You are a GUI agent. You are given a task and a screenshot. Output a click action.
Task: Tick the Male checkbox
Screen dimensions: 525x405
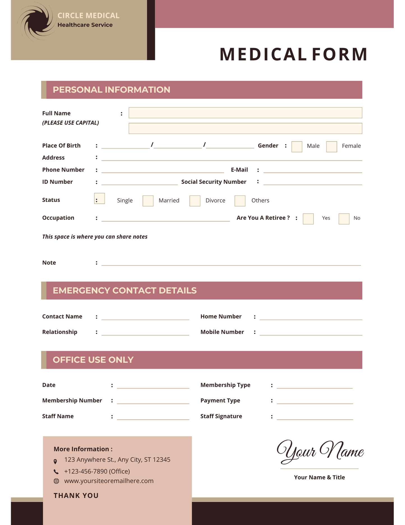click(x=297, y=146)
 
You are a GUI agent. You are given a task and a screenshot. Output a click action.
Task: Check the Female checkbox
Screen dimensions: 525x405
click(x=331, y=146)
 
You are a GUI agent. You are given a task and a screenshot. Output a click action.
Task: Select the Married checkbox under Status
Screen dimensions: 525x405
click(x=148, y=201)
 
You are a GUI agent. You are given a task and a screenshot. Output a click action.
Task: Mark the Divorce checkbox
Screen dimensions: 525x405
click(x=195, y=201)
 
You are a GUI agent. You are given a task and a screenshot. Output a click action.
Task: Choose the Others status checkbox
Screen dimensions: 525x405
click(x=240, y=201)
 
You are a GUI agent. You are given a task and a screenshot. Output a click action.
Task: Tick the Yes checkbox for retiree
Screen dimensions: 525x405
click(x=308, y=219)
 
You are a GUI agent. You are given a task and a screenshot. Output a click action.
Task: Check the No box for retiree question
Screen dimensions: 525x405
click(x=344, y=219)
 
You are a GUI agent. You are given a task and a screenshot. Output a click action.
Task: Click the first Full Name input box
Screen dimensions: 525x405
click(x=245, y=113)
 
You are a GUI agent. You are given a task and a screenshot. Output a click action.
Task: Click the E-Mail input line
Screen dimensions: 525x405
click(x=313, y=170)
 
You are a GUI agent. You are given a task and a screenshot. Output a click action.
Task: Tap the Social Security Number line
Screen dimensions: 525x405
click(x=313, y=182)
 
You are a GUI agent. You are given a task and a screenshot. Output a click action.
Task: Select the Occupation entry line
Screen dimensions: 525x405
click(x=165, y=219)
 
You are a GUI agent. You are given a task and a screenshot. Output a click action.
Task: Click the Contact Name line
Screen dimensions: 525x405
click(x=145, y=317)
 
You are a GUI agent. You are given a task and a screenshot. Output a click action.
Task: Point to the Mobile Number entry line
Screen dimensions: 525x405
click(x=311, y=333)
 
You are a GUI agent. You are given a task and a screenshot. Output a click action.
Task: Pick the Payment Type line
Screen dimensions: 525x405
click(x=314, y=401)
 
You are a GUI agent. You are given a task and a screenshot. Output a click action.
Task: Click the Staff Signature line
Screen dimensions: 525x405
click(x=314, y=417)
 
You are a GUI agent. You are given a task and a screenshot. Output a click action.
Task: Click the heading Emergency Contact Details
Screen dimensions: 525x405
click(x=125, y=290)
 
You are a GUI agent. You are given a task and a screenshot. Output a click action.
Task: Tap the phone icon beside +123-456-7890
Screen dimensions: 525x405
click(x=56, y=471)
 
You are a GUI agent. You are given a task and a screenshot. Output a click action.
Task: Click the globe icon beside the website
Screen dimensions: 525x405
click(x=56, y=481)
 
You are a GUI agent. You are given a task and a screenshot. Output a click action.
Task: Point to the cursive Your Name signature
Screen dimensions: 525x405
click(x=320, y=451)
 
